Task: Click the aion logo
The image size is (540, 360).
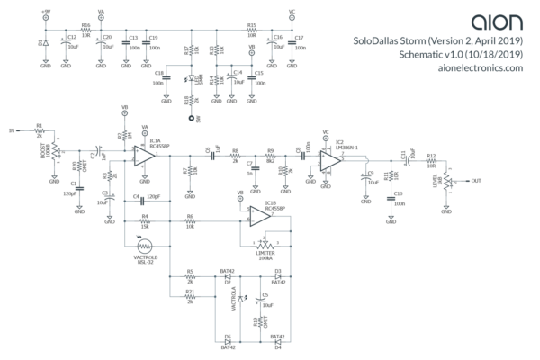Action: click(496, 20)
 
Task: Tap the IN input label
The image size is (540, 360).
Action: click(13, 130)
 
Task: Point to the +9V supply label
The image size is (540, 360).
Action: click(45, 12)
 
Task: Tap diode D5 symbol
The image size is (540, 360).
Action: click(228, 342)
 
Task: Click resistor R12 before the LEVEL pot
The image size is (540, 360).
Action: click(431, 162)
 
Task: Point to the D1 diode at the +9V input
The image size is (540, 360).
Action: click(45, 41)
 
